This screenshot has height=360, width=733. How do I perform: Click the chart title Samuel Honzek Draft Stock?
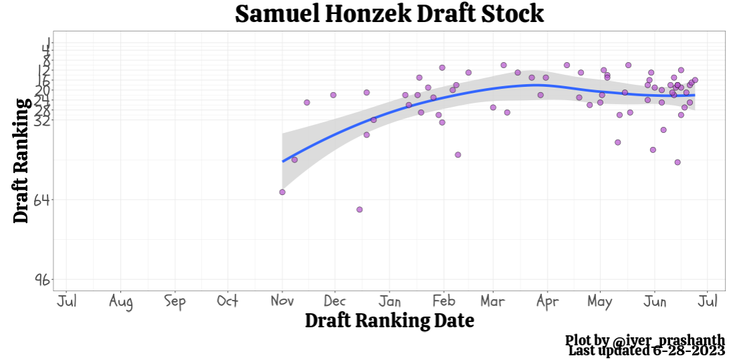coord(390,14)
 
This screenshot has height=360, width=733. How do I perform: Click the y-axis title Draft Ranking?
coord(21,160)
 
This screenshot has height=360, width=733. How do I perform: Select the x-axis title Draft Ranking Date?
coord(390,321)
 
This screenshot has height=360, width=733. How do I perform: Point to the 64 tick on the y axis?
coord(42,200)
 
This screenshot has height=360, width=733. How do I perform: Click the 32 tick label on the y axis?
coord(42,120)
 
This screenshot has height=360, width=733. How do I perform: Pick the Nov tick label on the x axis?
coord(282,301)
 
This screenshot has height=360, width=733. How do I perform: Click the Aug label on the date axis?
coord(120,302)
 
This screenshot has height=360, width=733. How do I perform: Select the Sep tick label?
coord(174,302)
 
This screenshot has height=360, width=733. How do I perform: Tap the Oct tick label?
coord(228,301)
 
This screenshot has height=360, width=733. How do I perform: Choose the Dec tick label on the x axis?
coord(335,301)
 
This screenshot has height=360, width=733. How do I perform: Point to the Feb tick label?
coord(443,301)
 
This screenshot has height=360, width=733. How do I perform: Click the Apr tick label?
coord(547,302)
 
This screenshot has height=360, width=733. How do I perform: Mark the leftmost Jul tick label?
coord(67,301)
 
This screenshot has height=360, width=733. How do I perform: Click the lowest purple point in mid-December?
coord(359,209)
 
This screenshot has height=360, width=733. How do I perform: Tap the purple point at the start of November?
coord(282,192)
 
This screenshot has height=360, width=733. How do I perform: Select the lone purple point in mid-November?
coord(307,102)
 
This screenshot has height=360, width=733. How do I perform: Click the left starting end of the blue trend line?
coord(283,161)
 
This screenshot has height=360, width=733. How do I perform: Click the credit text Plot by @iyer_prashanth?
coord(645,341)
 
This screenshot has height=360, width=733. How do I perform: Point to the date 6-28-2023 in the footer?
coord(689,351)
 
